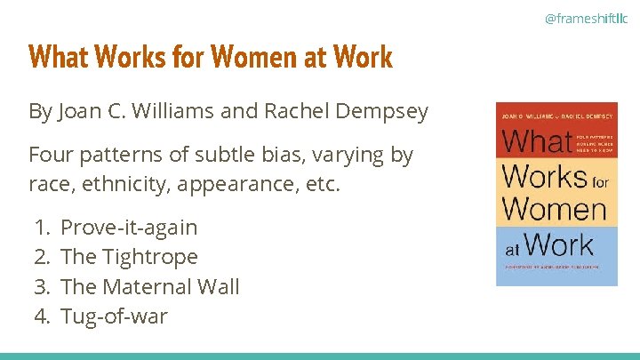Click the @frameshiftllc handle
(586, 17)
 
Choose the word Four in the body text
(52, 156)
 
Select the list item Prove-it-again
(129, 228)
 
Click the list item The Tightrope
(129, 257)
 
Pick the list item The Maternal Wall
(149, 286)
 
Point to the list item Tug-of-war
(113, 316)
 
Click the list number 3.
(41, 286)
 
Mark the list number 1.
(41, 228)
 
